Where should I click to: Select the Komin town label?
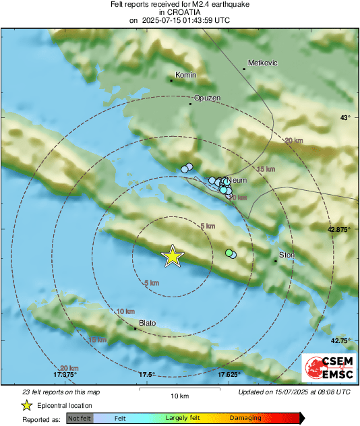(x=185, y=75)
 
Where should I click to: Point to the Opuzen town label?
(x=208, y=98)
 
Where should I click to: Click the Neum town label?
(x=238, y=181)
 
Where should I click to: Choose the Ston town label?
(x=287, y=255)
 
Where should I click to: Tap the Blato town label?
(x=147, y=324)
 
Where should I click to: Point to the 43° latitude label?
(x=344, y=118)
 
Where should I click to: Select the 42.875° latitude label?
(x=340, y=230)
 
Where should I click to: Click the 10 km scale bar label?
(x=179, y=395)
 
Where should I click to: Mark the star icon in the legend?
(x=27, y=405)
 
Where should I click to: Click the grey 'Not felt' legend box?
(x=80, y=418)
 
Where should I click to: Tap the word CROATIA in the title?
(x=179, y=12)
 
